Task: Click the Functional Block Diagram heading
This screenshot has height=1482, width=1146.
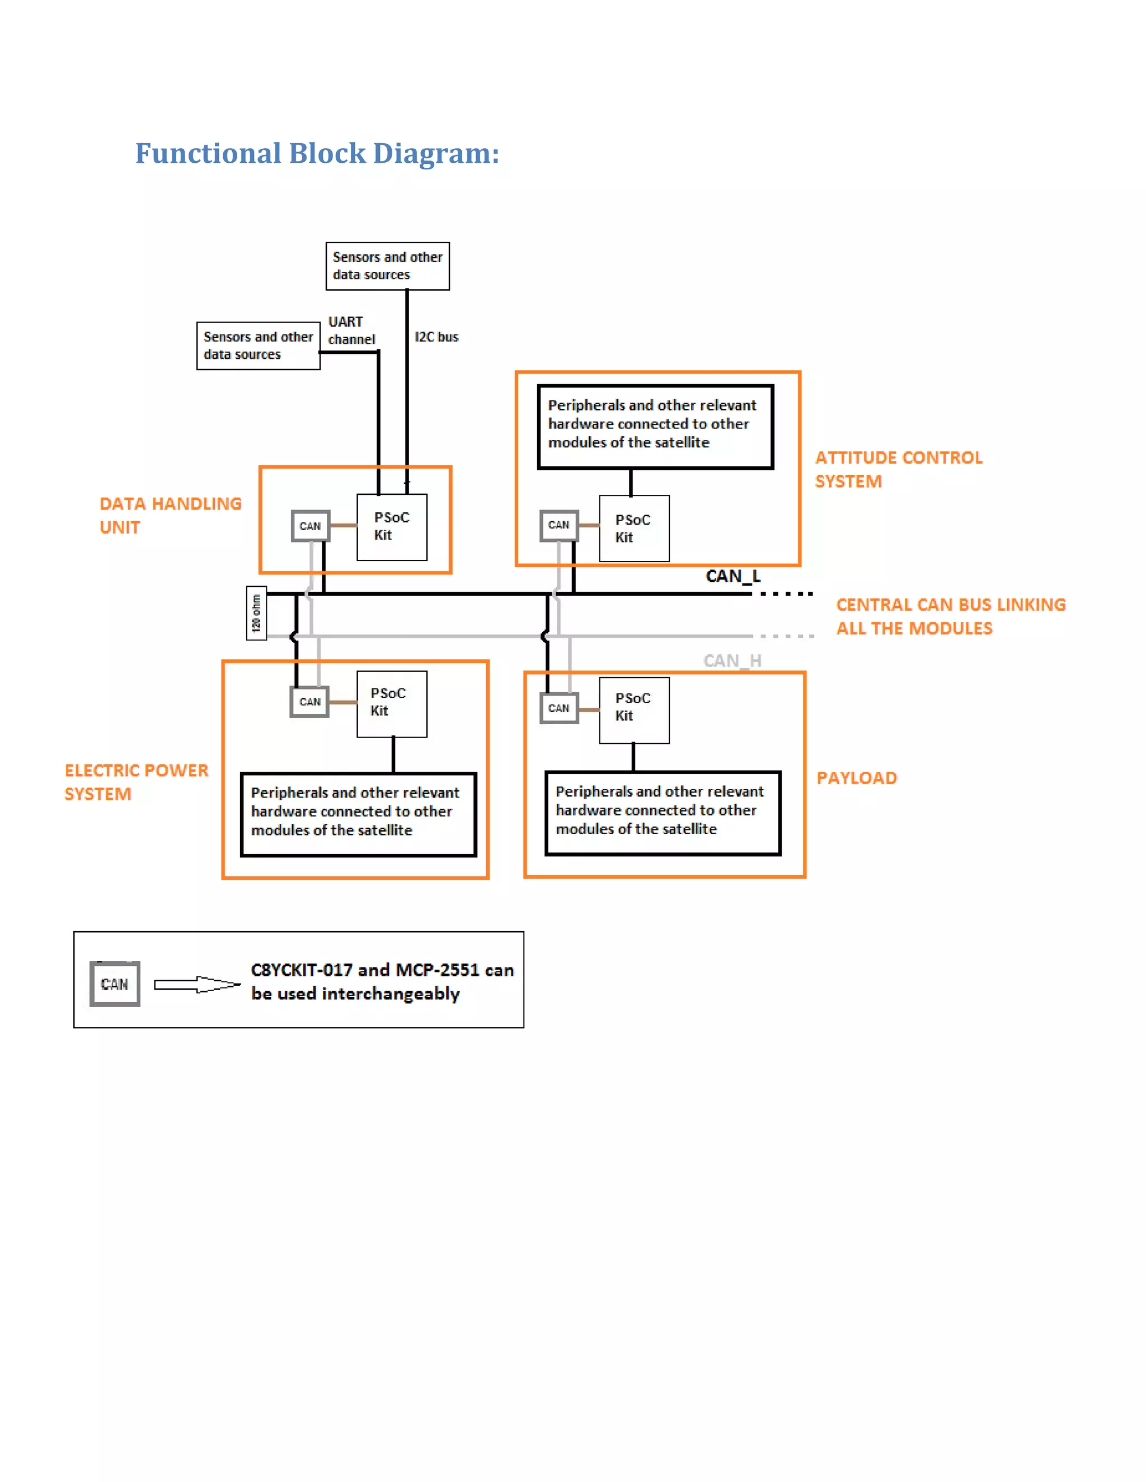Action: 317,153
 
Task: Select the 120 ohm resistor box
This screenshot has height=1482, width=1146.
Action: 256,613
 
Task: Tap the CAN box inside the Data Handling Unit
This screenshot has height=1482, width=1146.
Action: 310,526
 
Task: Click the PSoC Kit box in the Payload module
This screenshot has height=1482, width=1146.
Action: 634,710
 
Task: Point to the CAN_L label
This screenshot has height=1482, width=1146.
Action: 732,576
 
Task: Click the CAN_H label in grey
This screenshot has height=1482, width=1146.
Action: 732,660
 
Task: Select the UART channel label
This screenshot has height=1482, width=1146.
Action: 350,331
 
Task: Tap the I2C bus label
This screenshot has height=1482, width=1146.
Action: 436,337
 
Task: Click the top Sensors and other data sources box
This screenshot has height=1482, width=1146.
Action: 387,266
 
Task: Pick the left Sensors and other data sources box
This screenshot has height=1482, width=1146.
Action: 258,346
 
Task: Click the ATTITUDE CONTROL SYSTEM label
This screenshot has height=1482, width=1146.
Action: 898,469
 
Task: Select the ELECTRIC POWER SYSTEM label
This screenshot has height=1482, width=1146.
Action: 136,782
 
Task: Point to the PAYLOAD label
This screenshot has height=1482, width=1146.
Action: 856,778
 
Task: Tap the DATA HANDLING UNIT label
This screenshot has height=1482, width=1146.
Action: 170,515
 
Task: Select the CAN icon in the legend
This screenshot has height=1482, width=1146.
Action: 115,984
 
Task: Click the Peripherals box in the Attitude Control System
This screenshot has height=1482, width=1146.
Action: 655,426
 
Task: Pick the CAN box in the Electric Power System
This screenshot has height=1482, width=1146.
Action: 310,702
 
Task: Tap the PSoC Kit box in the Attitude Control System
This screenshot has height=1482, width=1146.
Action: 634,528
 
